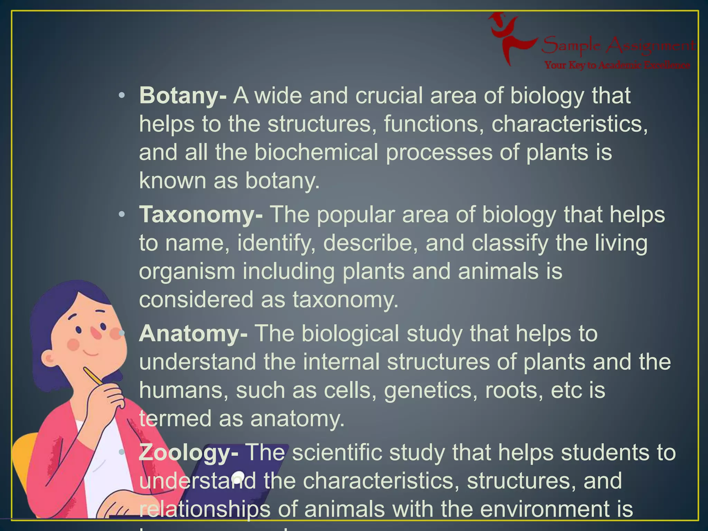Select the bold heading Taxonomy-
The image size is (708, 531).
(x=201, y=215)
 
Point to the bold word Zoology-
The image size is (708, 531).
(x=188, y=453)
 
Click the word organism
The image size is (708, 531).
(x=187, y=271)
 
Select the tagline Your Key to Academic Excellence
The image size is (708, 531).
(x=617, y=65)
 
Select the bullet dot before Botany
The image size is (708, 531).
(x=121, y=96)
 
